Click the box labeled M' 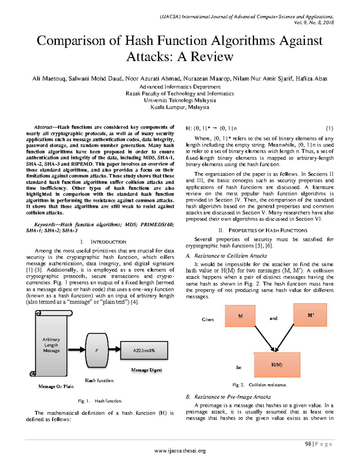(x=310, y=315)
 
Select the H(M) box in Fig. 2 (x=277, y=365)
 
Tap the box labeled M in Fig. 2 (x=240, y=316)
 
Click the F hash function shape (x=97, y=350)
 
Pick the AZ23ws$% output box (x=144, y=350)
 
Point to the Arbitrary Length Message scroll (x=51, y=345)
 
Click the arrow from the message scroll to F (x=76, y=350)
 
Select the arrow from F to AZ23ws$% (x=114, y=350)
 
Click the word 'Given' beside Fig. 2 (x=208, y=320)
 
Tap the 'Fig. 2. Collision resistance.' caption (x=259, y=385)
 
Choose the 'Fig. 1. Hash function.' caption (x=100, y=401)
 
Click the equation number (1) (x=329, y=128)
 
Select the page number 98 (x=308, y=444)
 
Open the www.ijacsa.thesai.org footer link (x=180, y=451)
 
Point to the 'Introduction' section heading (x=108, y=242)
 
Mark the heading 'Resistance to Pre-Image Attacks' (x=232, y=397)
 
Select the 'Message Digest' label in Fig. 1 (x=146, y=370)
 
